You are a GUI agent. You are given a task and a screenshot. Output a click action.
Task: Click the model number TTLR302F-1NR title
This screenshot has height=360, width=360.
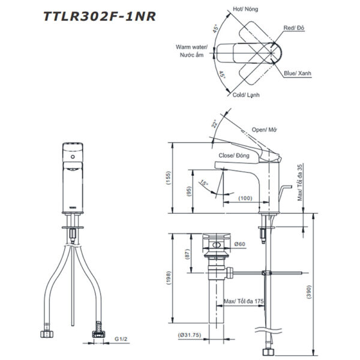[x=100, y=16]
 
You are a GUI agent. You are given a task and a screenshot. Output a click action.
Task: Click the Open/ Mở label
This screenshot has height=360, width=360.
[x=264, y=130]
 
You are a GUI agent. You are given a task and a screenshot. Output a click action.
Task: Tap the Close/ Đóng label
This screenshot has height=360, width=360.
[x=234, y=155]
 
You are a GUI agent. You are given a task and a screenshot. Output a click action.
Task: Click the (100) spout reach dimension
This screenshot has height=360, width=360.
[x=244, y=198]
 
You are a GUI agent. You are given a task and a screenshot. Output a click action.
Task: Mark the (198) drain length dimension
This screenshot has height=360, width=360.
[x=169, y=278]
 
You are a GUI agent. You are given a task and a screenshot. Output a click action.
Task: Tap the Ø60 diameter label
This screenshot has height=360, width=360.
[x=239, y=244]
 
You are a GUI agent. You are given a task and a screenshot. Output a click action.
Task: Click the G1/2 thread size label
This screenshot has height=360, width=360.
[x=122, y=340]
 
